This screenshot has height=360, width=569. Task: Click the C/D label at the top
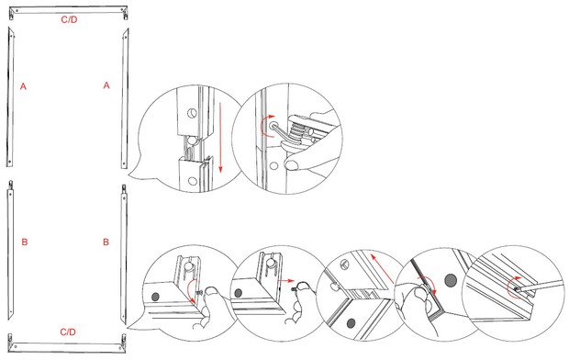pos(69,19)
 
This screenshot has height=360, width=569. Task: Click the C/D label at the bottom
pos(68,332)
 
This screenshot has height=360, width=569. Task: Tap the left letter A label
pos(23,86)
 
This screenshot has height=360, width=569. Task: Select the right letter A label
pos(106,85)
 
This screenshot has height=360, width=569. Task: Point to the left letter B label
pos(25,242)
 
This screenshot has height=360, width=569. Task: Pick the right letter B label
pos(106,242)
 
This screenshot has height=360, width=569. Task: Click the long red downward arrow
pos(220,138)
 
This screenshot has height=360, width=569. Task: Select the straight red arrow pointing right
pos(285,281)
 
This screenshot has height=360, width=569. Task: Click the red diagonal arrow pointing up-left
pos(382,268)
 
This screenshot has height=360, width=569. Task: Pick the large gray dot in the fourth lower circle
pos(451,280)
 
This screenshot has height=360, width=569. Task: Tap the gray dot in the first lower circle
pos(155,297)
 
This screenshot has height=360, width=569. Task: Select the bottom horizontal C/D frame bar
pos(68,344)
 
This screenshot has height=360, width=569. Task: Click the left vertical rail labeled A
pos(10,97)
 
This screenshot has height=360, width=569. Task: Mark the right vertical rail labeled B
pos(124,253)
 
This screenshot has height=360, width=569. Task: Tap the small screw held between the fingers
pos(198,292)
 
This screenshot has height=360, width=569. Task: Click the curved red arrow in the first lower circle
pos(192,290)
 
